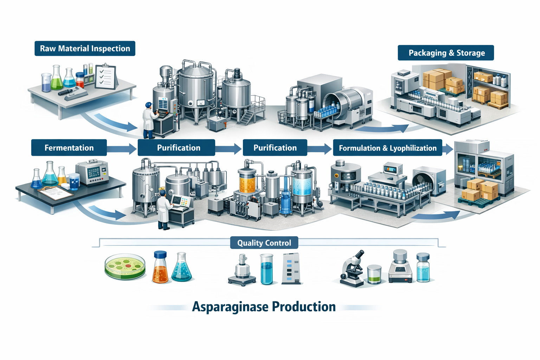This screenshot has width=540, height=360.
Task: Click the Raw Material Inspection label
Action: pos(85,49)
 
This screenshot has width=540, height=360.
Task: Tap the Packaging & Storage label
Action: pos(446,53)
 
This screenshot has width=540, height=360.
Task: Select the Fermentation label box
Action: pos(69,148)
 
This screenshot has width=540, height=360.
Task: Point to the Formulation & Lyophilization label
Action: pos(387,148)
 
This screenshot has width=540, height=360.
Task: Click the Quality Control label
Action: pos(264,243)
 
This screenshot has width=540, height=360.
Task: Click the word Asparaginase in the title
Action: pos(230,307)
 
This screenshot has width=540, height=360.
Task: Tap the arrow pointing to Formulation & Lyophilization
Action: pos(320,149)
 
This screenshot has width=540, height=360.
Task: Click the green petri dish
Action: pos(125,266)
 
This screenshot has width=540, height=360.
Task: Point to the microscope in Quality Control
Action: pos(352,269)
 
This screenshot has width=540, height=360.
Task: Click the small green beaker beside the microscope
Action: pos(374,274)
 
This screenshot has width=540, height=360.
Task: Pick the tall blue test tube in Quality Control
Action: pos(266,269)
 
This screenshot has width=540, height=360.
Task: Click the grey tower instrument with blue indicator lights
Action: pos(291,269)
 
